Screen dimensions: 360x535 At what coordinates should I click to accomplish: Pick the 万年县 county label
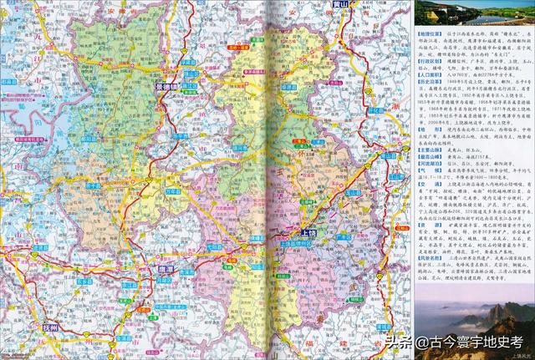click(x=173, y=190)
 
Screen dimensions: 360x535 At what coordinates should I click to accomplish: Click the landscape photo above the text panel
click(x=473, y=14)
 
